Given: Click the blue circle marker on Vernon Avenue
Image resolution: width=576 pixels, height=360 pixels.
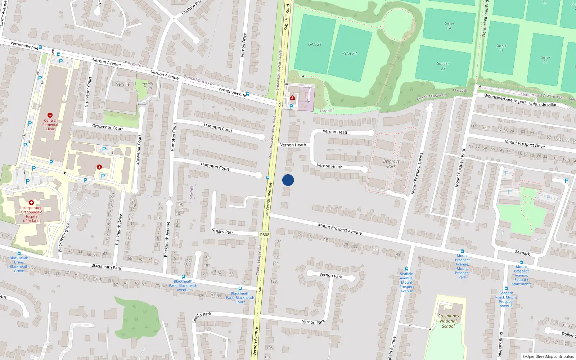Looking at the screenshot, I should pos(288,180).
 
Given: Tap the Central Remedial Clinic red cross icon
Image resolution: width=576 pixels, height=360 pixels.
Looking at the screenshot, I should pos(50,115).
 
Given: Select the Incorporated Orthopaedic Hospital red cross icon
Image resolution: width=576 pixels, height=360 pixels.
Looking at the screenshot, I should pos(31,203).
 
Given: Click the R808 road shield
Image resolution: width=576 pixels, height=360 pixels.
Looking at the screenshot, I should pos(264,235).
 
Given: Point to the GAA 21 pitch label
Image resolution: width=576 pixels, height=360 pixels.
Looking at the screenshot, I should pos(315,44).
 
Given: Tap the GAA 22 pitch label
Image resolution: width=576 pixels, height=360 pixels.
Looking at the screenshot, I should pos(350,54).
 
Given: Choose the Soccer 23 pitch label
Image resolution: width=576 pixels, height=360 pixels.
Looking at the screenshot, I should pos(443,66).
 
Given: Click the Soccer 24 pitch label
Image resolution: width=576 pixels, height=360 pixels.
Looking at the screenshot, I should pos(449,26).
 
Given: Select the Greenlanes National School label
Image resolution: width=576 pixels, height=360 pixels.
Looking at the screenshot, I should pos(448,321).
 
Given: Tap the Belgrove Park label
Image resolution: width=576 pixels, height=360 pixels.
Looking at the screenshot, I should pos(391,164).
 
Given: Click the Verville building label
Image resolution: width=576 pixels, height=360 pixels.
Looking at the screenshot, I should pos(123,84).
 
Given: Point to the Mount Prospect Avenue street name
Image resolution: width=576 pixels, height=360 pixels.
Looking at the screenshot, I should pos(339,229).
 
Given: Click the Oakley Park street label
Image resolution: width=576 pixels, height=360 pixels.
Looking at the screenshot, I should pos(223,231).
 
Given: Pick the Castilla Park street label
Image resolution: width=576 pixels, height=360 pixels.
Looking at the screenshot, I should pos(202,318).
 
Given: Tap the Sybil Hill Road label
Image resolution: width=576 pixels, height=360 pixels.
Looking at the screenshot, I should pos(287,17).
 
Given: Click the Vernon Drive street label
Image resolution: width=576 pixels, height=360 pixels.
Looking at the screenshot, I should pos(244,45).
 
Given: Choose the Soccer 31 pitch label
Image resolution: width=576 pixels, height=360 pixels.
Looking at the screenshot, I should pos(501,48).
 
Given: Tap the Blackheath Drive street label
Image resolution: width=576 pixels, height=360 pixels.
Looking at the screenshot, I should pos(118,230).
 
